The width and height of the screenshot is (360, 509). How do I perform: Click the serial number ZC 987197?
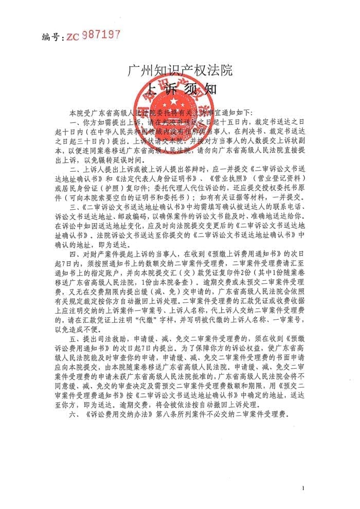[x=93, y=35]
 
